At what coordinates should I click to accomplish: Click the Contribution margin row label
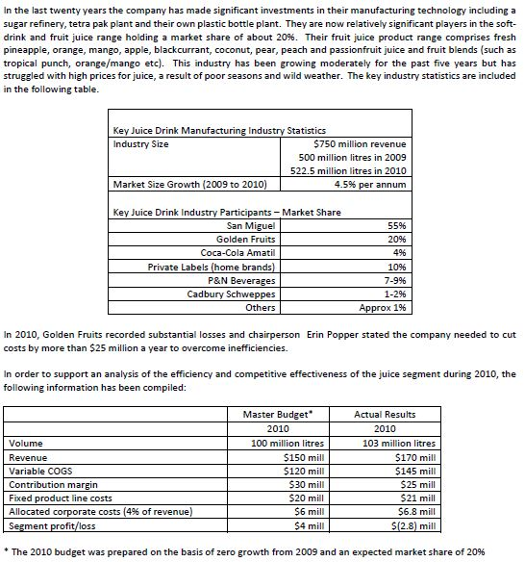[x=47, y=485]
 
